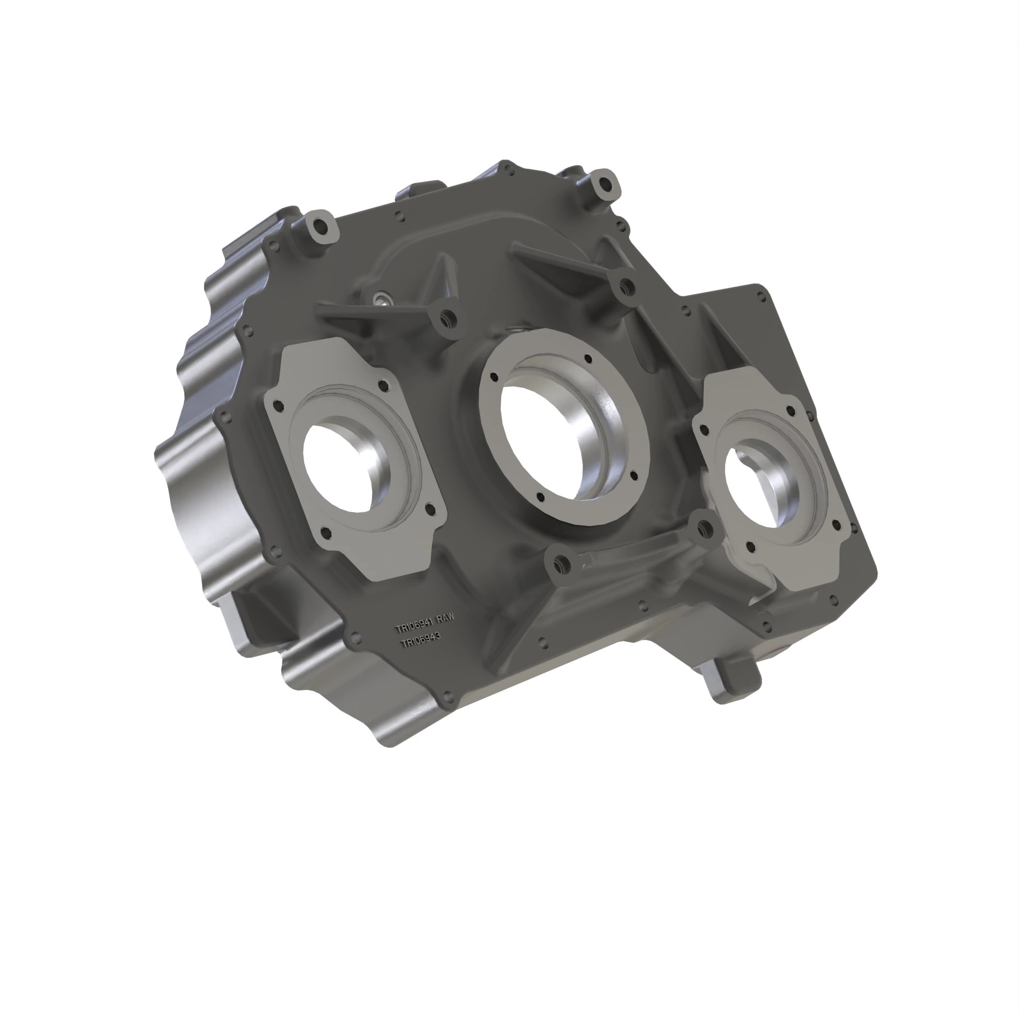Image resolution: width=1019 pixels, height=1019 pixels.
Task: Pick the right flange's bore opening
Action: coord(749,485)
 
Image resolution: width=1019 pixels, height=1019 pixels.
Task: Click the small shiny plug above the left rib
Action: coord(381,300)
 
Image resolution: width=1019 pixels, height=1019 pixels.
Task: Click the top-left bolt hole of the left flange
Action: coord(279,405)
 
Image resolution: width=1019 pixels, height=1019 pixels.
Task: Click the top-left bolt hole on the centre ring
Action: coord(494,377)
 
